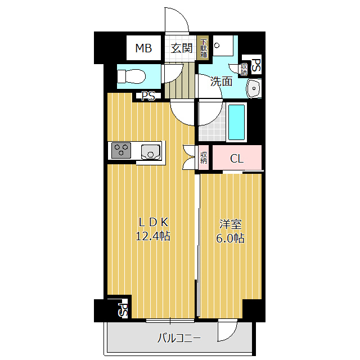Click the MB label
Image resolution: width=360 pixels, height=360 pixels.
point(143,49)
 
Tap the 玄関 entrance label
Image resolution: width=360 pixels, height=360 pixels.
point(182,48)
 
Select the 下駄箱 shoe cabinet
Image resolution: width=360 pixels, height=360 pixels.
point(204,49)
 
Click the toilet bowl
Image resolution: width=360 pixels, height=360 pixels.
point(130,75)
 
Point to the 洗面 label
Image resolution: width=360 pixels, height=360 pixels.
point(221,81)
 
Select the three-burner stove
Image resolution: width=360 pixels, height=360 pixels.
point(121,150)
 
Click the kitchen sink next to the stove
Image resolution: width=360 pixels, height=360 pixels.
point(151,151)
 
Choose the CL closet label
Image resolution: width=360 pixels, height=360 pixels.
point(237,158)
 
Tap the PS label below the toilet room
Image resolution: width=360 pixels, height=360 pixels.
point(148,96)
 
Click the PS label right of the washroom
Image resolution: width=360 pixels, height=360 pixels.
point(256,66)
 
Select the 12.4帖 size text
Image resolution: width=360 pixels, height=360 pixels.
point(152,237)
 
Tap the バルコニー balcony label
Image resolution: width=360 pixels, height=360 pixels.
point(178,338)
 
